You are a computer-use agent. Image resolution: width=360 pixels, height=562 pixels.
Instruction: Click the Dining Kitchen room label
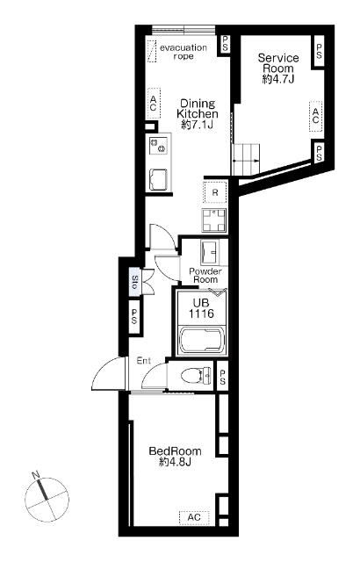point(198,114)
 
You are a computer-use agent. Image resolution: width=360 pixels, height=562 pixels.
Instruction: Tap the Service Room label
point(278,68)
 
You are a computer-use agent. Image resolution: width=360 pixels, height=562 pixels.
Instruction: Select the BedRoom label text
point(175,456)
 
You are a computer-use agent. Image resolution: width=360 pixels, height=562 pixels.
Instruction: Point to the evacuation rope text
point(184,52)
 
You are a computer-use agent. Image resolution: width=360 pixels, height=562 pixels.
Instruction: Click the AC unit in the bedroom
point(194,517)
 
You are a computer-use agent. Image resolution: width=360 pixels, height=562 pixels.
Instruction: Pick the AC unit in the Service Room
point(315,116)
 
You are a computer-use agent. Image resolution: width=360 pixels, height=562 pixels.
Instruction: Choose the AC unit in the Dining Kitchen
point(154,104)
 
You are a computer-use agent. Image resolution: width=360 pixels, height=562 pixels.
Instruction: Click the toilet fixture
point(196,376)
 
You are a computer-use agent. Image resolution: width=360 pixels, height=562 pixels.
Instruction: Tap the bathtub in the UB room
point(202,340)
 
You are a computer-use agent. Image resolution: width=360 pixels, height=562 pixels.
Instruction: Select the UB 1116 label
point(201,308)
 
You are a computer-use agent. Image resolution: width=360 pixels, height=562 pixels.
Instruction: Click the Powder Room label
point(205,275)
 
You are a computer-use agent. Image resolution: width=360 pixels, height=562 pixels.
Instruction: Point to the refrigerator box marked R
point(215,192)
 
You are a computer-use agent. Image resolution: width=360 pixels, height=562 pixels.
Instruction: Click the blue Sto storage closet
point(134,282)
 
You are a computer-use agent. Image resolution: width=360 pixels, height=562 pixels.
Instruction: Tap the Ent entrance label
point(144,361)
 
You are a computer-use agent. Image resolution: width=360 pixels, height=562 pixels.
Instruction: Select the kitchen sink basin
point(158,179)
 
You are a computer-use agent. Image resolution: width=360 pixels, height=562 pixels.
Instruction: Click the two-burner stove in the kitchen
point(158,145)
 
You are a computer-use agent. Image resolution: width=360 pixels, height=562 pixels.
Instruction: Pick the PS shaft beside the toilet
point(222,377)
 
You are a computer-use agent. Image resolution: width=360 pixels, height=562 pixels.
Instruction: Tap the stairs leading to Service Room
point(246,160)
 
